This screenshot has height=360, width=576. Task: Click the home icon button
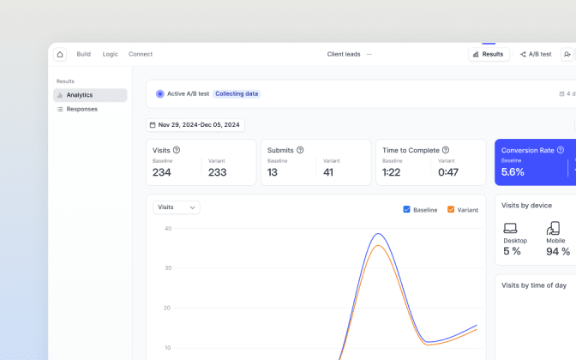pos(60,54)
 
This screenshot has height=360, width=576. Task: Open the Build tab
pos(83,54)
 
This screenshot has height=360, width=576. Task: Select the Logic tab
pos(111,54)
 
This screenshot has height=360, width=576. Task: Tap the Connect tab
pos(141,54)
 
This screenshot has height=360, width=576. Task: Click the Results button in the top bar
pos(489,54)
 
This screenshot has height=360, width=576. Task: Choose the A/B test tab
pos(536,54)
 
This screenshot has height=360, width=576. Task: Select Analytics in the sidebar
pos(90,95)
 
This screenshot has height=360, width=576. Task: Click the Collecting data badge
pos(237,93)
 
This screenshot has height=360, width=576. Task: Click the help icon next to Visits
pos(177,150)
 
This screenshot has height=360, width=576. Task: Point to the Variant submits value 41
pos(328,172)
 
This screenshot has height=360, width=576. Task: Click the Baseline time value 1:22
pos(391,172)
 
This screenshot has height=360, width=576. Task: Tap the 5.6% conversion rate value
pos(513,172)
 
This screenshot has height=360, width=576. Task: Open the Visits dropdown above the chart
pos(177,207)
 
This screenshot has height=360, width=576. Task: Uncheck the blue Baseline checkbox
pos(406,209)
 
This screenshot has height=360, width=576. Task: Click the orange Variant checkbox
pos(451,209)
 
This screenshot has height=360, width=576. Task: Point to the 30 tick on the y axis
pos(168,267)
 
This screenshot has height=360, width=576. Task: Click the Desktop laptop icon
pos(510,228)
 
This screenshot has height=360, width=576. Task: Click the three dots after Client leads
pos(369,54)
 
